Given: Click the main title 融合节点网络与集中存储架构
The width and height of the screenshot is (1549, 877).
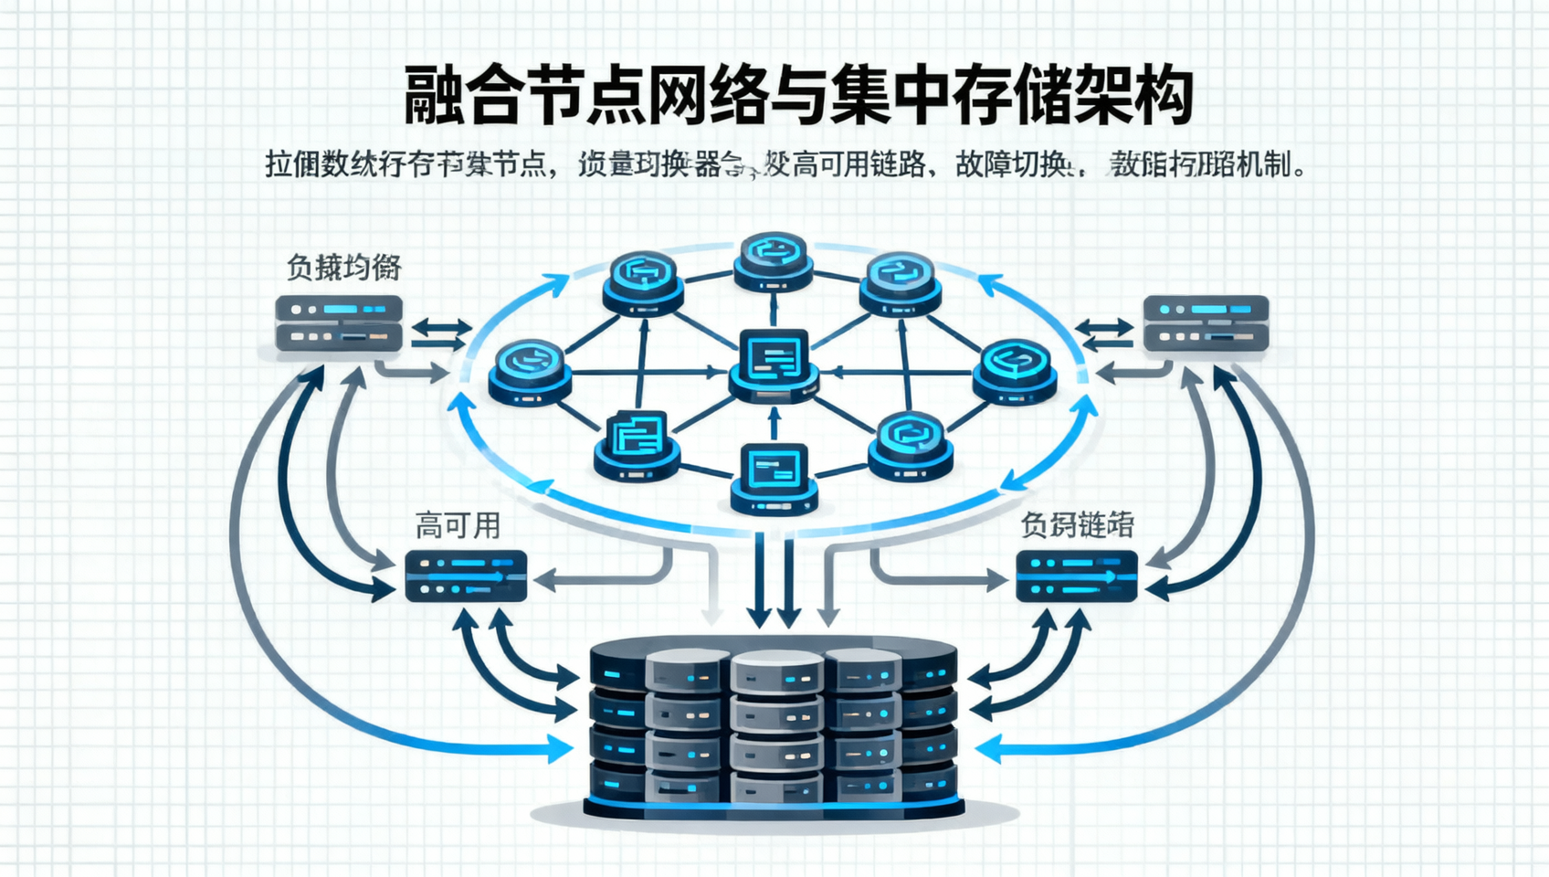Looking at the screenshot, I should coord(798,95).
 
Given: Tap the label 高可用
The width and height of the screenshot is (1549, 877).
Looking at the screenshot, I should coord(458,526).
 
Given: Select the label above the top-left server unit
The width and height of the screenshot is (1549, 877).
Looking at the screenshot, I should coord(343,268).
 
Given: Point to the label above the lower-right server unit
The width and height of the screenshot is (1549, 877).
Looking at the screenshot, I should coord(1077,525).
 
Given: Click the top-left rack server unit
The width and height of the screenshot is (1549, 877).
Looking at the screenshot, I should coord(339,323).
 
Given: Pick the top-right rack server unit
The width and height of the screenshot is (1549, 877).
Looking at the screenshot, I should coord(1206,322).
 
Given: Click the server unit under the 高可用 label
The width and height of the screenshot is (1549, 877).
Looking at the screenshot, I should coord(466,576).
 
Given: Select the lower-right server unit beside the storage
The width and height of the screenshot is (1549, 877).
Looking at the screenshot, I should coord(1077,576).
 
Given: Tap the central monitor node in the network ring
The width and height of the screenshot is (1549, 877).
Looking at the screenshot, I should coord(774,364).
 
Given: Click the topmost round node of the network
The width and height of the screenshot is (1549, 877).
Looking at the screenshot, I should coord(774,260).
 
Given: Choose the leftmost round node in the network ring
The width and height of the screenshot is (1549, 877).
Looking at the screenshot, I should coord(530,371).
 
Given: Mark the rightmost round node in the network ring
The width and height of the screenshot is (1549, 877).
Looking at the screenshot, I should coord(1015,370).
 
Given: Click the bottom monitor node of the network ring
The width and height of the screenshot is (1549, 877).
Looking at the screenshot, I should coord(774,478).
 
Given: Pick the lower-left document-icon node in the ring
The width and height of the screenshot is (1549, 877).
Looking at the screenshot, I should coord(637,443).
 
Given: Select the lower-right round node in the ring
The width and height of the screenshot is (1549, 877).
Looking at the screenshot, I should coord(911,443).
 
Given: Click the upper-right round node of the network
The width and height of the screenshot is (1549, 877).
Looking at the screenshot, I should coord(900,281).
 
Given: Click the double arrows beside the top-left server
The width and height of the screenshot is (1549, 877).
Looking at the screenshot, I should coord(440,333).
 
